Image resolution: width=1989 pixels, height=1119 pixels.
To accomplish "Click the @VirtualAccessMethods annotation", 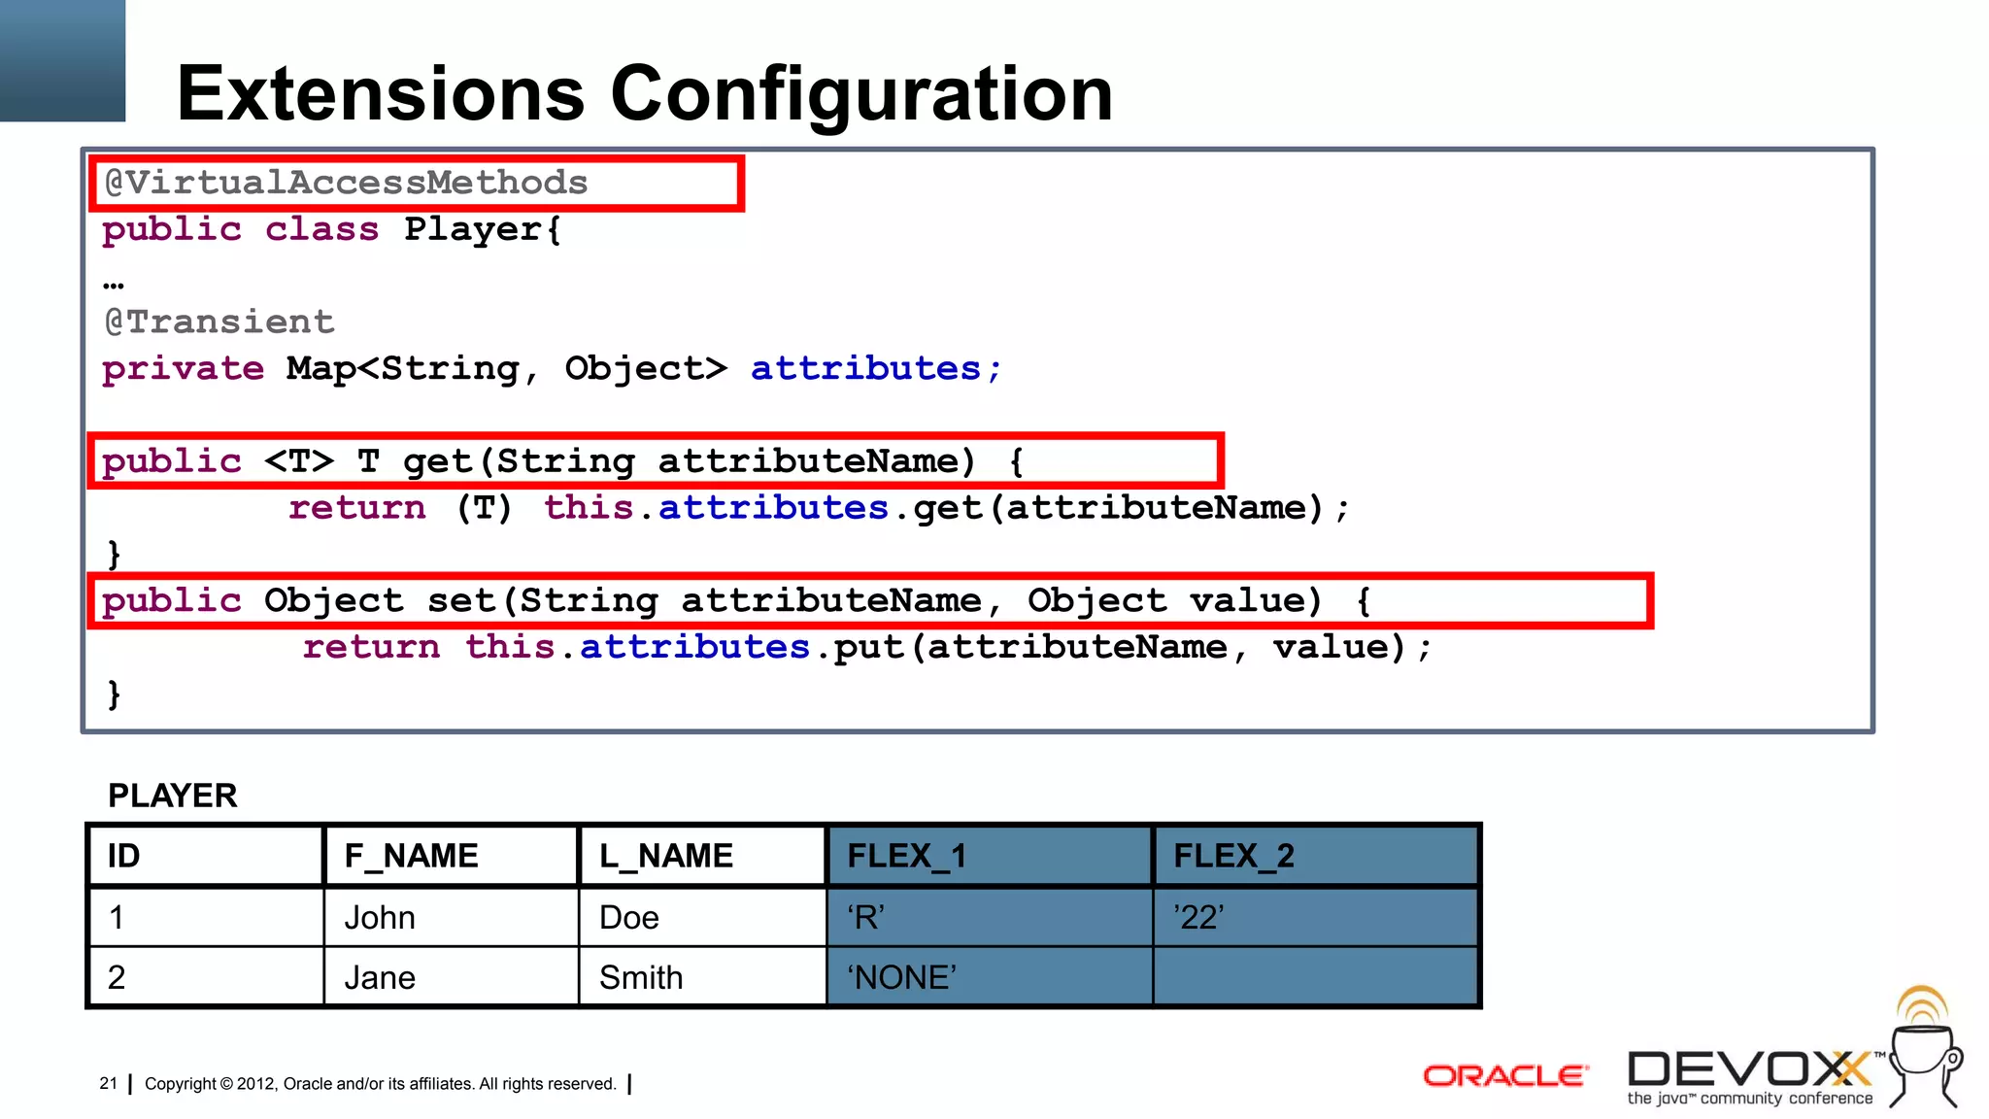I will (346, 183).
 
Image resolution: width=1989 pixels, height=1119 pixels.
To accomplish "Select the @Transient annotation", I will (219, 322).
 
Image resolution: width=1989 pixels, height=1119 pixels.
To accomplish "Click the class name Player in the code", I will (473, 229).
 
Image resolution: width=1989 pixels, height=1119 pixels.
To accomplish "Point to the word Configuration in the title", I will (860, 93).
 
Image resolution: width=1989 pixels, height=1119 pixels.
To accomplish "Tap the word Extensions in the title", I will (381, 93).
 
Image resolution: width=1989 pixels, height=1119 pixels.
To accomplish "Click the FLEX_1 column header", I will (906, 856).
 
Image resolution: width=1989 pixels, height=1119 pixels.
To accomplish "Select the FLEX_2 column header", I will (1233, 856).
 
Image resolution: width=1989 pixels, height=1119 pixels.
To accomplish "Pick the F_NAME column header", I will (411, 856).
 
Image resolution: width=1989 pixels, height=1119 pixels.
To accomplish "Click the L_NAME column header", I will (666, 856).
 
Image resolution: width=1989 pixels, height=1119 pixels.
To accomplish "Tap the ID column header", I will (123, 856).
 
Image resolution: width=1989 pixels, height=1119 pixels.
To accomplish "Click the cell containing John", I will (380, 917).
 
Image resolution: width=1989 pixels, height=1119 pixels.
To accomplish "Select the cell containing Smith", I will (641, 977).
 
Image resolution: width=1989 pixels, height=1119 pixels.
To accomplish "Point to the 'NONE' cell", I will (901, 977).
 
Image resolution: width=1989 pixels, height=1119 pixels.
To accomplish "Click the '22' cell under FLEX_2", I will (1198, 917).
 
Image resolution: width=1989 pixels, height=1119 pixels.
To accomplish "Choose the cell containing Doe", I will (629, 917).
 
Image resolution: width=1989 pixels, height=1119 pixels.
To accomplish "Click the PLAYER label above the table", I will (173, 796).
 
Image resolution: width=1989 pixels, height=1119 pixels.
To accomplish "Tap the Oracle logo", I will (1504, 1075).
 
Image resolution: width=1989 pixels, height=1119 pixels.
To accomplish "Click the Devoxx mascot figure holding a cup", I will (1924, 1054).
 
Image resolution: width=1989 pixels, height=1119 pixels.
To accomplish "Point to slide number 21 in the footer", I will (108, 1083).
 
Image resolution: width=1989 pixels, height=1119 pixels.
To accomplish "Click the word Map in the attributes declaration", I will (320, 368).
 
